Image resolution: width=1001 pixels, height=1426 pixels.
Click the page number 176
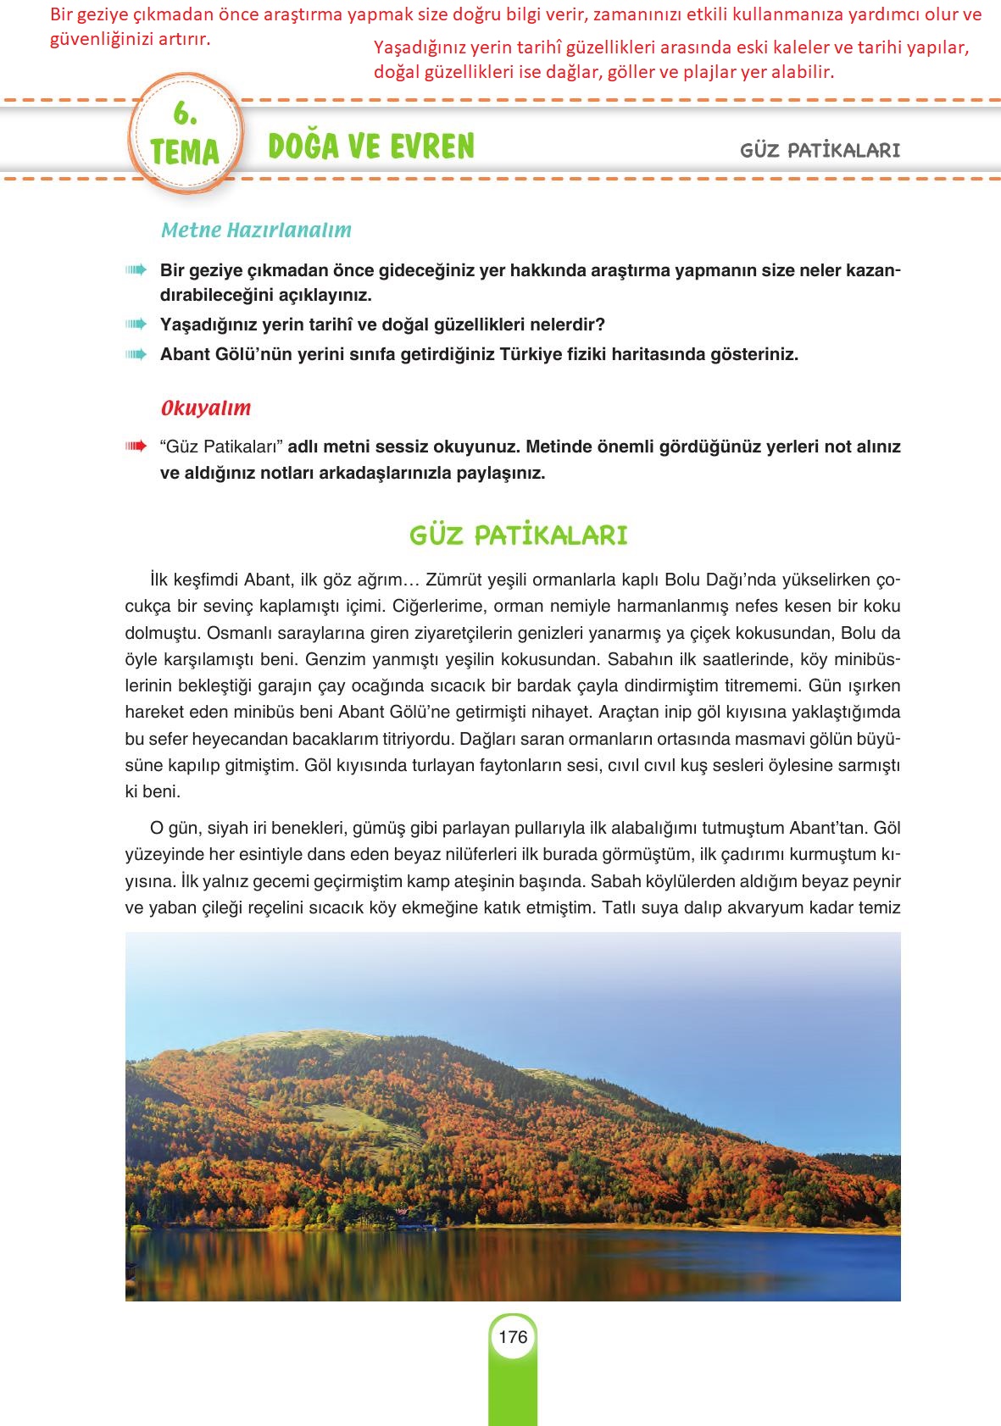[x=513, y=1337]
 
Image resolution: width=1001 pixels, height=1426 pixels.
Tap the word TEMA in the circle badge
[x=185, y=153]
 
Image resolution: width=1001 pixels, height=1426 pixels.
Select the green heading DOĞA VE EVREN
[x=371, y=147]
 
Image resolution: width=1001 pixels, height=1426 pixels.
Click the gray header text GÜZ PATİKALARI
[x=820, y=151]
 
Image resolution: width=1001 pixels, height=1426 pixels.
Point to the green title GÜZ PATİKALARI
[x=518, y=535]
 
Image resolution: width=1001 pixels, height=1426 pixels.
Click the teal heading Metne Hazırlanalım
[x=256, y=230]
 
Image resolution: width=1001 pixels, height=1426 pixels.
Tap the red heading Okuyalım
[x=206, y=408]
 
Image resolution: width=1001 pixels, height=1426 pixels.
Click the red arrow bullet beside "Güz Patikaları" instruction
[x=136, y=447]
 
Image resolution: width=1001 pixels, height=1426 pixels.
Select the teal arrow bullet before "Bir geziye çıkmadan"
[x=136, y=270]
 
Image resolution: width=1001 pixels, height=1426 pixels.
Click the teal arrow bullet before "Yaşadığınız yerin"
[x=136, y=325]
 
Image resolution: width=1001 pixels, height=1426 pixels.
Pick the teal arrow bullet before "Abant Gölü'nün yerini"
[x=136, y=354]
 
